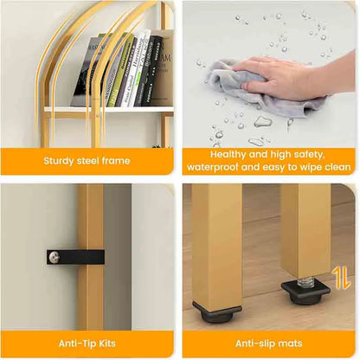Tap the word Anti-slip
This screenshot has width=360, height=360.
tap(253, 344)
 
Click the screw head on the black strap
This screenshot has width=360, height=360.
tap(54, 257)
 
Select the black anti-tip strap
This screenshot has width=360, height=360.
tap(75, 257)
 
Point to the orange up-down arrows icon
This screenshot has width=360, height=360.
tap(341, 279)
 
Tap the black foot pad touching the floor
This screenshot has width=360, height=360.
tap(217, 312)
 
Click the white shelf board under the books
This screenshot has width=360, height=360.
tap(109, 110)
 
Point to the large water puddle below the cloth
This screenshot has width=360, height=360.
tap(263, 122)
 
